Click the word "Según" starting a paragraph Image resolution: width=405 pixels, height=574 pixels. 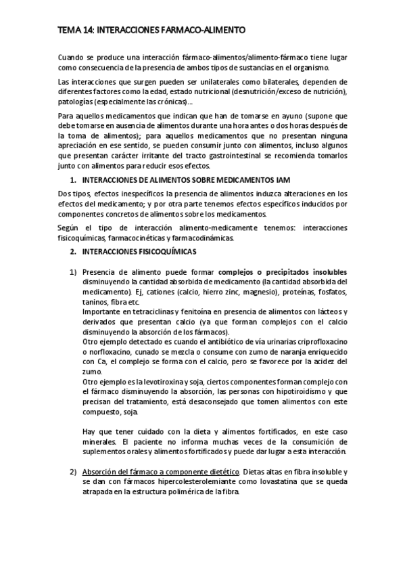[x=69, y=227]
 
